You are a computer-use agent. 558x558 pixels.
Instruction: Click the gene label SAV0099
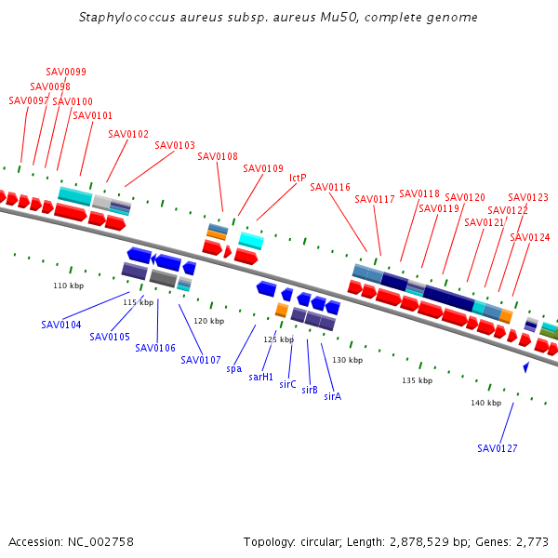point(66,72)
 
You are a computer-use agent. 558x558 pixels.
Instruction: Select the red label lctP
point(298,178)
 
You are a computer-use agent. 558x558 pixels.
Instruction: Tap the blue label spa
point(234,369)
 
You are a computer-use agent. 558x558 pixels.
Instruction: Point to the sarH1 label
point(260,377)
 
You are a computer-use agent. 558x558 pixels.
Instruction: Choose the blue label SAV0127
point(498,448)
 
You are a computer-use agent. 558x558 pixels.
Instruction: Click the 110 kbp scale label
point(69,286)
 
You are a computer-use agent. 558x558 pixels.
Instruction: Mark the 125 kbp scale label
point(279,339)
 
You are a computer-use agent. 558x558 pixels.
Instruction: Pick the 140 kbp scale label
point(486,403)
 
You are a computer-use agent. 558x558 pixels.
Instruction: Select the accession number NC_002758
point(100,542)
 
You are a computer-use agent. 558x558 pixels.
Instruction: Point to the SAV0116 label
point(330,187)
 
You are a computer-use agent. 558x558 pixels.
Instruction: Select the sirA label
point(333,396)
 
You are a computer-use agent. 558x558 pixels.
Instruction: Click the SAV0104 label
point(61,325)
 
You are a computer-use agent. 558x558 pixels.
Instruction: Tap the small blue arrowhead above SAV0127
point(526,367)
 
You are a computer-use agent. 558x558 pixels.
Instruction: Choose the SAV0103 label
point(175,145)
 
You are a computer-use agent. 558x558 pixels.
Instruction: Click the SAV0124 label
point(530,237)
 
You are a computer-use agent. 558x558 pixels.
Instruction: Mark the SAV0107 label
point(201,361)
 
